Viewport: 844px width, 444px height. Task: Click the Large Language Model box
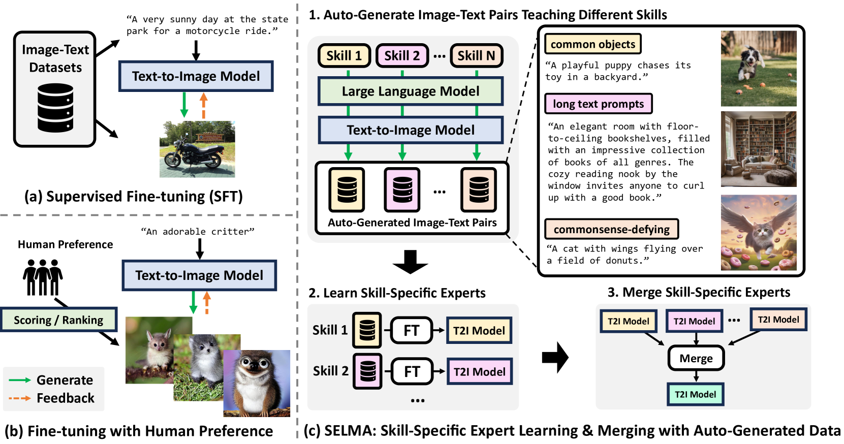[411, 91]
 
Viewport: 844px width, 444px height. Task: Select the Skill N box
[476, 56]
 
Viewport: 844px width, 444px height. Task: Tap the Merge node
[696, 358]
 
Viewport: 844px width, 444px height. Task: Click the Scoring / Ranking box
[58, 320]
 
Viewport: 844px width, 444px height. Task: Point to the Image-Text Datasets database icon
[55, 108]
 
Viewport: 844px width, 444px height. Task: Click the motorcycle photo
[197, 149]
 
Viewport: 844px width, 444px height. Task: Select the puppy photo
[758, 69]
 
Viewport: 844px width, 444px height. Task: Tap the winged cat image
[758, 233]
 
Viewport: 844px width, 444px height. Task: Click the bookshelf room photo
[758, 149]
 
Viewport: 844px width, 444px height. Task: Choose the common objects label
[592, 44]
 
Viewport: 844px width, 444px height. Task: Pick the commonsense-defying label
[611, 230]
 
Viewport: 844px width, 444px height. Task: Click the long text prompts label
[598, 104]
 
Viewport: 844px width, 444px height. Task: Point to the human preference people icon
[43, 277]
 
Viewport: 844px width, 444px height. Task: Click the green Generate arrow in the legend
[20, 380]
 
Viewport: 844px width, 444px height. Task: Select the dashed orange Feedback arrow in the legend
[20, 398]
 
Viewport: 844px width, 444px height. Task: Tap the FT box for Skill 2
[412, 372]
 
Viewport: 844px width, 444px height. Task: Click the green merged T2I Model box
[695, 394]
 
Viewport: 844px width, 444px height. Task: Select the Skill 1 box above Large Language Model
[344, 56]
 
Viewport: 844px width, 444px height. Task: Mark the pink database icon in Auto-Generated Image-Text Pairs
[402, 189]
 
